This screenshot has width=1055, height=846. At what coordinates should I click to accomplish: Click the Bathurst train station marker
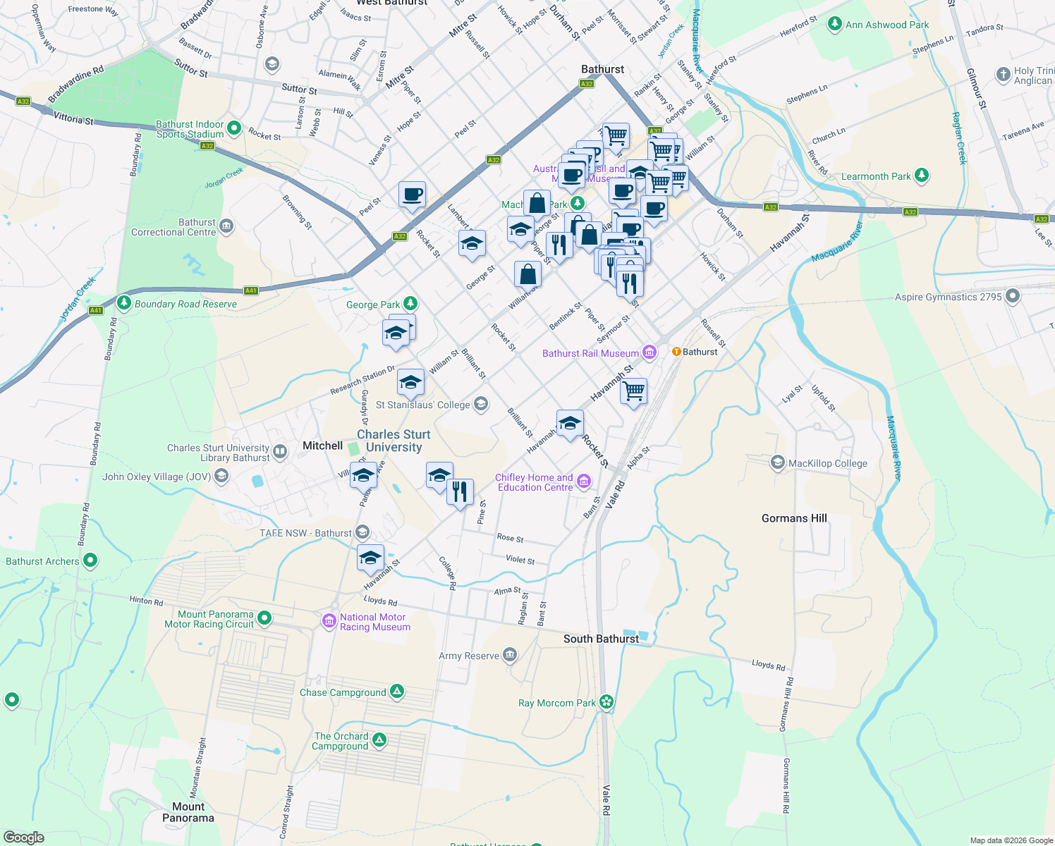point(676,352)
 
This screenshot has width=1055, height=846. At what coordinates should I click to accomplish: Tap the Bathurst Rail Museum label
point(590,353)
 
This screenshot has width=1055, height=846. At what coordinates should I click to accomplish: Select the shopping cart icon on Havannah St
point(633,390)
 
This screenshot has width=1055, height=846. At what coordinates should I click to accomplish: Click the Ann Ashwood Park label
point(886,25)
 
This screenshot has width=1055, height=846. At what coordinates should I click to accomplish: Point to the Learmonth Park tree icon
point(922,176)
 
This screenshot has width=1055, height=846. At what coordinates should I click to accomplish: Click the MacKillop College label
point(827,463)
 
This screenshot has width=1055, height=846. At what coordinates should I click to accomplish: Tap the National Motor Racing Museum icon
point(329,621)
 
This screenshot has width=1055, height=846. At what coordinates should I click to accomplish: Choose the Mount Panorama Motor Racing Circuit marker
point(264,618)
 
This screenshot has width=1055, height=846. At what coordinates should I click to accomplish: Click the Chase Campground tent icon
point(397,692)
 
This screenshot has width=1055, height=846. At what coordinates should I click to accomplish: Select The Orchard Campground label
point(341,741)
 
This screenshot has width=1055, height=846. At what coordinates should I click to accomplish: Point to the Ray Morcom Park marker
point(606,702)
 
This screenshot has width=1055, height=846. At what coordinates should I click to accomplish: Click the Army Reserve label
point(469,656)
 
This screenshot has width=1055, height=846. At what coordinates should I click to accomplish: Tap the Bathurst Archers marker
point(90,560)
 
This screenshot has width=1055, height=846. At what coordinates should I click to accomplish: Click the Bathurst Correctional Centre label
point(173,227)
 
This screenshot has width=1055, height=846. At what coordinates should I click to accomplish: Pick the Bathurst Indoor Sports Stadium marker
point(234,128)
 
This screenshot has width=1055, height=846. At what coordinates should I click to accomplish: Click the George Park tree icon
point(410,304)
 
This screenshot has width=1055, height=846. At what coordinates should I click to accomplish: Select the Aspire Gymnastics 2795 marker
point(1013,296)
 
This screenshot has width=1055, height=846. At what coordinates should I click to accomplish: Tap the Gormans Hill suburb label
point(794,518)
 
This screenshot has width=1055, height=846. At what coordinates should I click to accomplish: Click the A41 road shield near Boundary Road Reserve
point(250,290)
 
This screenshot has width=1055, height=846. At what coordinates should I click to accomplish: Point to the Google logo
point(24,837)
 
